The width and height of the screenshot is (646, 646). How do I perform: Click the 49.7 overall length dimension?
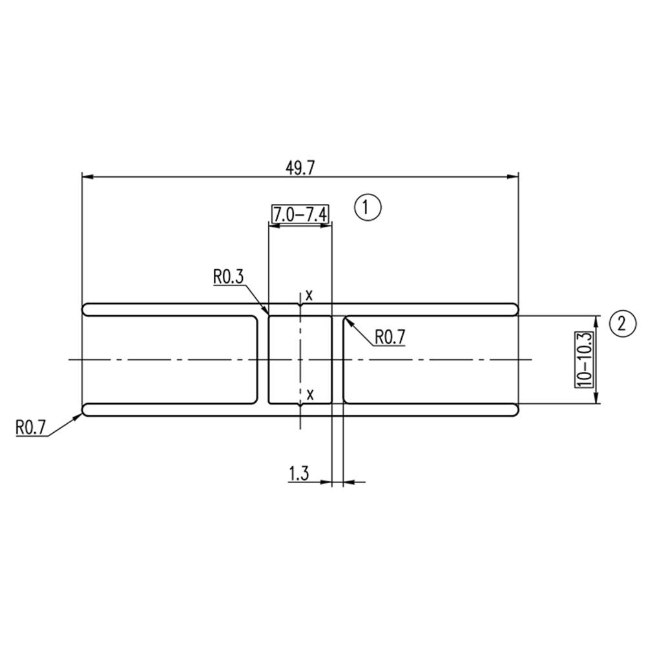click(300, 168)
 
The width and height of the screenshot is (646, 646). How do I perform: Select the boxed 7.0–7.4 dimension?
click(300, 214)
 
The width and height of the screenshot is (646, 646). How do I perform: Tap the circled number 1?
click(368, 207)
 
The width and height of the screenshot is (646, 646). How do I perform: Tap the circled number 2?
click(621, 324)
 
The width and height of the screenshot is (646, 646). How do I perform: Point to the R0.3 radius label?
click(228, 277)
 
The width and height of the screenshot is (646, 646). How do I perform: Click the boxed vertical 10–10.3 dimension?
click(585, 359)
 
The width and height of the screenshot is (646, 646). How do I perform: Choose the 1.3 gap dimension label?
click(298, 474)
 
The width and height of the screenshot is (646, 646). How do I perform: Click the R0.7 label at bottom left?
click(30, 427)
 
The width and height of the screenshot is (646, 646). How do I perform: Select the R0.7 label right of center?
click(390, 337)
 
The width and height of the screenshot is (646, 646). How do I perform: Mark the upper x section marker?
click(309, 295)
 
